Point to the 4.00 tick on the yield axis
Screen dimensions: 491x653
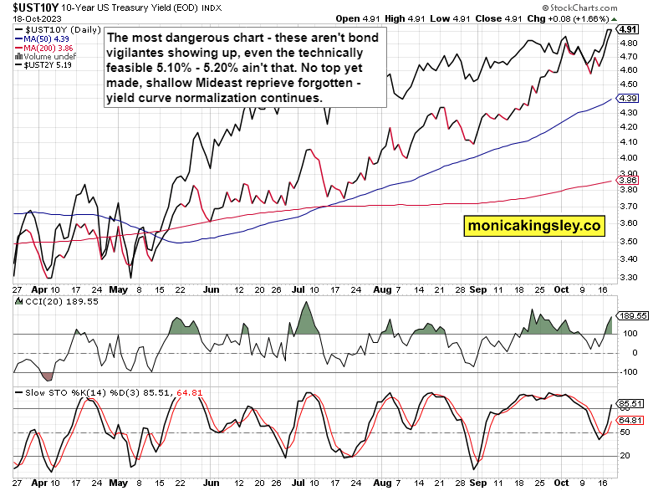629,156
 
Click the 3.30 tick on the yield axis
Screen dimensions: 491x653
629,277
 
